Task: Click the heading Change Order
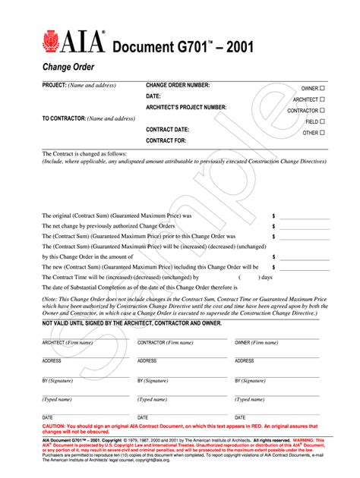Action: point(68,67)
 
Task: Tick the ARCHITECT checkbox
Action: point(322,99)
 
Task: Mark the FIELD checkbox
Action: point(322,121)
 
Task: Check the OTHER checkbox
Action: point(322,133)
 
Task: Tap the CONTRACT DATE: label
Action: point(168,130)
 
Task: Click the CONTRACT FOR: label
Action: point(166,140)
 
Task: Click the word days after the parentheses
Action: point(287,278)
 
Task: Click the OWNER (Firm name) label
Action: point(256,343)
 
